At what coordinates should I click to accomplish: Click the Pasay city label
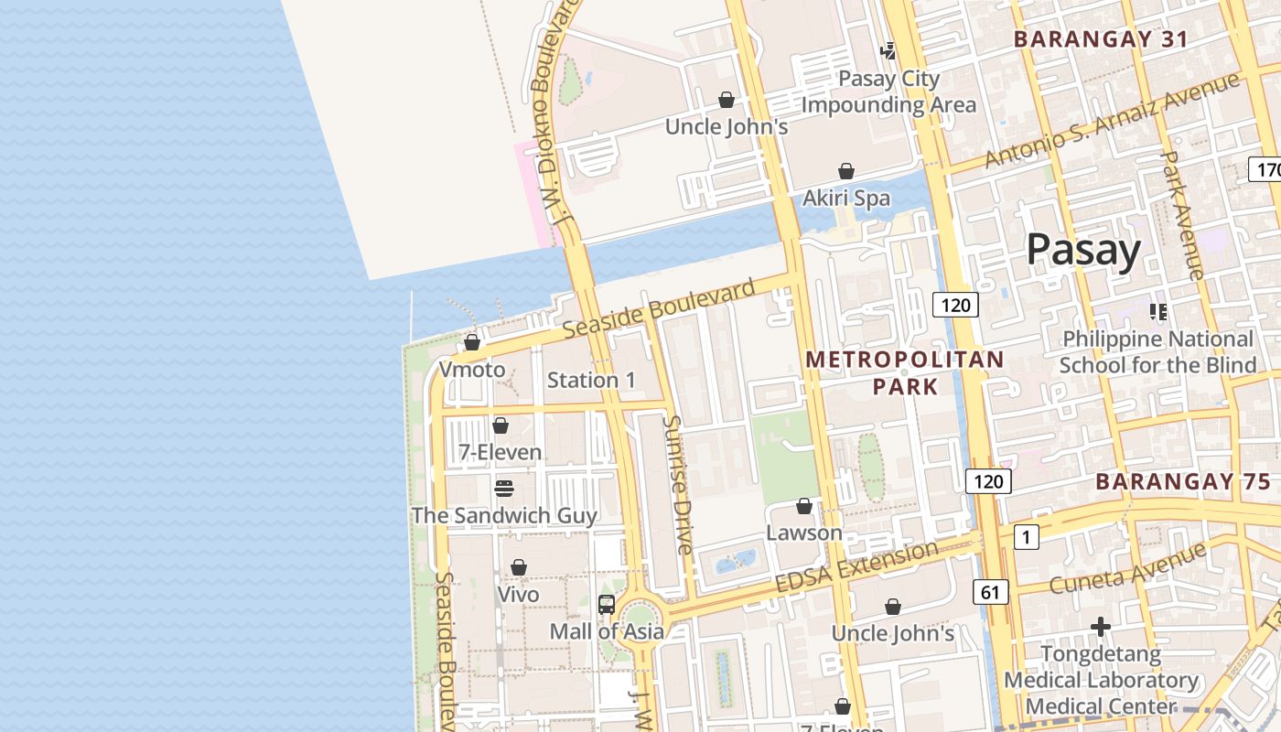pyautogui.click(x=1083, y=250)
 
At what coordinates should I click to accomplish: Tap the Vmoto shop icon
pyautogui.click(x=472, y=343)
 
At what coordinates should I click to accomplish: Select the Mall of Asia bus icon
pyautogui.click(x=606, y=604)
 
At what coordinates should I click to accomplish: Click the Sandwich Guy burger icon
pyautogui.click(x=504, y=488)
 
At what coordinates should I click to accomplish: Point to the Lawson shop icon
pyautogui.click(x=804, y=506)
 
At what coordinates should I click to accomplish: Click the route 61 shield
pyautogui.click(x=990, y=592)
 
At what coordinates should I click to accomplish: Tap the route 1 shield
pyautogui.click(x=1027, y=537)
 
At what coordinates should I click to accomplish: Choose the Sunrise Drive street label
pyautogui.click(x=679, y=485)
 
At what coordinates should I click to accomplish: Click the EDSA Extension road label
pyautogui.click(x=856, y=567)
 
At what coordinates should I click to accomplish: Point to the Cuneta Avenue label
pyautogui.click(x=1127, y=568)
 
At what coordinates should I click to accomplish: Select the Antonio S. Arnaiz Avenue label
pyautogui.click(x=1112, y=121)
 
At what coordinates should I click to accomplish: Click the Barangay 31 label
pyautogui.click(x=1101, y=39)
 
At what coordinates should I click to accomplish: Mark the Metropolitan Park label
pyautogui.click(x=904, y=372)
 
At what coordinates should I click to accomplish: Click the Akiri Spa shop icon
pyautogui.click(x=846, y=171)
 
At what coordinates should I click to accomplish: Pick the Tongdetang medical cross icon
pyautogui.click(x=1101, y=627)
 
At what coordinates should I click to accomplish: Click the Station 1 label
pyautogui.click(x=591, y=380)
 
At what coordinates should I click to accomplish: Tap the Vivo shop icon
pyautogui.click(x=519, y=567)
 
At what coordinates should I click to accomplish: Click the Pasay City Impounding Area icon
pyautogui.click(x=888, y=51)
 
